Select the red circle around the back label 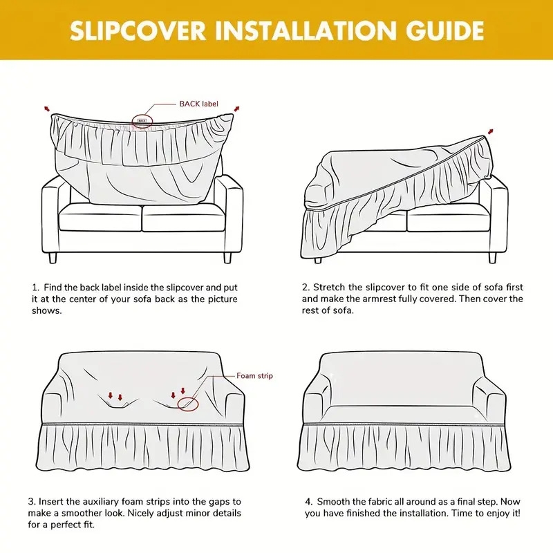[x=142, y=120]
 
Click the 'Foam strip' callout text [x=255, y=376]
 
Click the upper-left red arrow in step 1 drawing [x=47, y=108]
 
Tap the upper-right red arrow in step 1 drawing [x=237, y=108]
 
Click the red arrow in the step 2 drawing [x=491, y=131]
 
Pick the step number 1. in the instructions [x=35, y=287]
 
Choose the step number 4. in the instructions [x=308, y=500]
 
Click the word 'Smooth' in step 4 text [x=337, y=500]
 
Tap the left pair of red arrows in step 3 [x=115, y=397]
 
